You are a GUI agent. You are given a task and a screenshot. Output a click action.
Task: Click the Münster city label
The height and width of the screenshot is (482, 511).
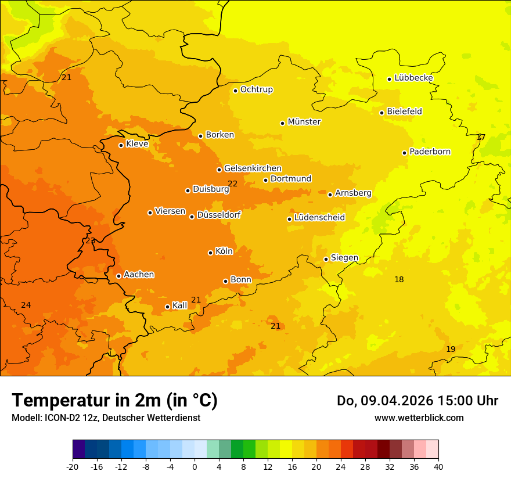click(304, 122)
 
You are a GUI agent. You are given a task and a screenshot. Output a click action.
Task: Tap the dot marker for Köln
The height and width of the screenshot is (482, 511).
click(210, 253)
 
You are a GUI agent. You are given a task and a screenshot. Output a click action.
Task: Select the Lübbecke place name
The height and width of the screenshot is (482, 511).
click(413, 78)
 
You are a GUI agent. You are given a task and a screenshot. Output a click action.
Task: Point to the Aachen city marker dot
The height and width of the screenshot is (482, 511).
click(118, 276)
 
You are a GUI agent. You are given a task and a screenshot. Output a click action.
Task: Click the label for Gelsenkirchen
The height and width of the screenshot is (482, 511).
click(253, 168)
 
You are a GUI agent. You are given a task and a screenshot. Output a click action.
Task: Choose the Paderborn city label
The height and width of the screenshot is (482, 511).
click(430, 152)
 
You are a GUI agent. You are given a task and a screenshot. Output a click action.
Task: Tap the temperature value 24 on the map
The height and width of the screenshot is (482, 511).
click(26, 305)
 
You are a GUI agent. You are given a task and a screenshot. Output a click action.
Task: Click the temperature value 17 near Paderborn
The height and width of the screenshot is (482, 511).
click(481, 138)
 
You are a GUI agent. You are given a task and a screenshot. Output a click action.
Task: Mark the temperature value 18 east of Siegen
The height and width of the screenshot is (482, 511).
click(399, 279)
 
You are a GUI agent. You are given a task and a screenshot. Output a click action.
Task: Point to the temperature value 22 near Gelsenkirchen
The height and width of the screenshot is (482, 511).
click(233, 184)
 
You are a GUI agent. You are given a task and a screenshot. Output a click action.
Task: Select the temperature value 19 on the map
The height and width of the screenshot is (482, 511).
click(451, 349)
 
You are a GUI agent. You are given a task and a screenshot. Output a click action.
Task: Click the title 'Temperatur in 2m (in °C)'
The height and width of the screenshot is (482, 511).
click(114, 400)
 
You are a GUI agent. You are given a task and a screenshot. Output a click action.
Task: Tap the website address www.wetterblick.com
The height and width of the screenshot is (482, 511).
click(419, 418)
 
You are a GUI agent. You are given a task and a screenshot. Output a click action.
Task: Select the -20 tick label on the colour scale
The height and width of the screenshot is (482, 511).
click(73, 467)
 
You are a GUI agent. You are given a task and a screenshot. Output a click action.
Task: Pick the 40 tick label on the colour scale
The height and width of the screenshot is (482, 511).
click(438, 467)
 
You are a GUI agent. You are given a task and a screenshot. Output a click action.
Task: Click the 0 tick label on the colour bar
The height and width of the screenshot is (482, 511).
click(195, 467)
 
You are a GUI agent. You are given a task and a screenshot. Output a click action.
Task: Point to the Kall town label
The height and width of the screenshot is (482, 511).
click(180, 305)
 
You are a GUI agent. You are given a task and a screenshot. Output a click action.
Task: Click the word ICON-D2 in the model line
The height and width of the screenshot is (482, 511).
click(56, 418)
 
